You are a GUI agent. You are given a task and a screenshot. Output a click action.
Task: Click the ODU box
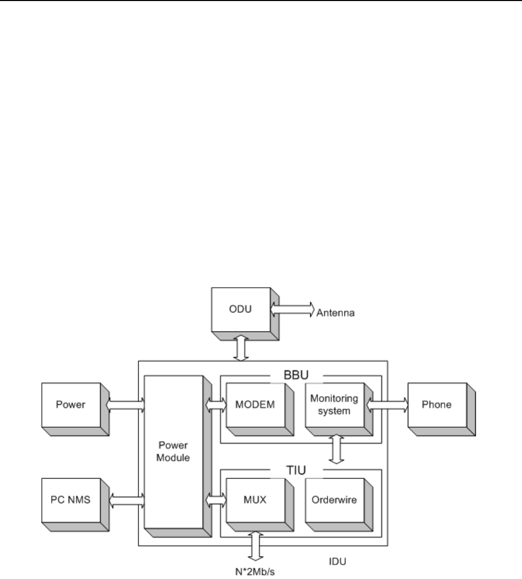242,311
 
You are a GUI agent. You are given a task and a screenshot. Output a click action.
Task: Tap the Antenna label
336,312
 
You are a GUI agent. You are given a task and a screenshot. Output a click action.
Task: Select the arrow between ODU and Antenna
292,308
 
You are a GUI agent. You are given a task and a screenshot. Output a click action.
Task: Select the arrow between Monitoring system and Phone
387,404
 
